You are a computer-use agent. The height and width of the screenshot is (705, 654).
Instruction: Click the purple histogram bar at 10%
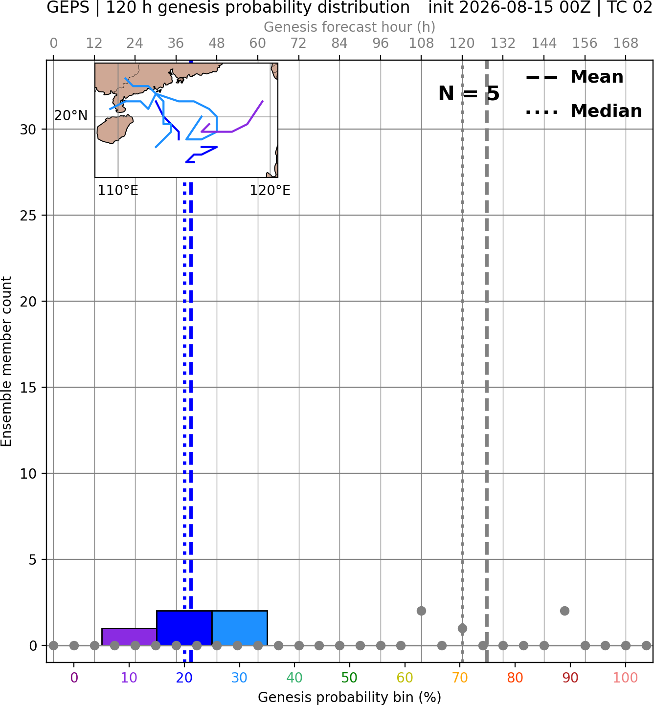[x=129, y=637]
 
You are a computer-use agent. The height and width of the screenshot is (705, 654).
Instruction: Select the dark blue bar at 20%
[x=184, y=628]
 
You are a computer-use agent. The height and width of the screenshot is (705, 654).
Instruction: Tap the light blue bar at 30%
[x=240, y=628]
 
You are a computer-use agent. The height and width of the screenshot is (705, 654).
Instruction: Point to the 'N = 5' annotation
[x=469, y=93]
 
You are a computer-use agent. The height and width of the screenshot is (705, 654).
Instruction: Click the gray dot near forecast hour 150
[x=564, y=611]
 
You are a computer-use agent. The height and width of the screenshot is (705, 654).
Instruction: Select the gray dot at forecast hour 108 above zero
[x=421, y=611]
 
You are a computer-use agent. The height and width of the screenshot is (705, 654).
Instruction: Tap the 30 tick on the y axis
[x=28, y=130]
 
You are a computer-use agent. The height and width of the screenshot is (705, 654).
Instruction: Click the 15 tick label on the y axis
[x=28, y=388]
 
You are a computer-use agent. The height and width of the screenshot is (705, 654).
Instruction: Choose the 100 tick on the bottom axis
[x=626, y=678]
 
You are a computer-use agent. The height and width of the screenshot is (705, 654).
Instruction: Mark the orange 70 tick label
[x=460, y=678]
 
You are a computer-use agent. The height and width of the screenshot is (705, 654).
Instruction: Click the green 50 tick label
[x=350, y=678]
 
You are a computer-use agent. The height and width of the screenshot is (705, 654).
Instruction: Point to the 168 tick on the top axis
[x=626, y=44]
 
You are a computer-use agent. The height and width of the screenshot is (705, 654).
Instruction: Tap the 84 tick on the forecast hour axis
[x=339, y=44]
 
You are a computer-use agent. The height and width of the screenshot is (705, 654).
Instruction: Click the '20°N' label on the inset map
[x=71, y=115]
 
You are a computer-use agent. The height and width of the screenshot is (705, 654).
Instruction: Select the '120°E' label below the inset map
[x=270, y=191]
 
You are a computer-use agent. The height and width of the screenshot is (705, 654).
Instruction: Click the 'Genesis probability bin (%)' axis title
[x=350, y=697]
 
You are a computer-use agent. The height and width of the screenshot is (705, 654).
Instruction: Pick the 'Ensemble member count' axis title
[x=6, y=361]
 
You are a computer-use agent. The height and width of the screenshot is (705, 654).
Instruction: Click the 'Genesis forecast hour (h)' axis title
[x=350, y=27]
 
